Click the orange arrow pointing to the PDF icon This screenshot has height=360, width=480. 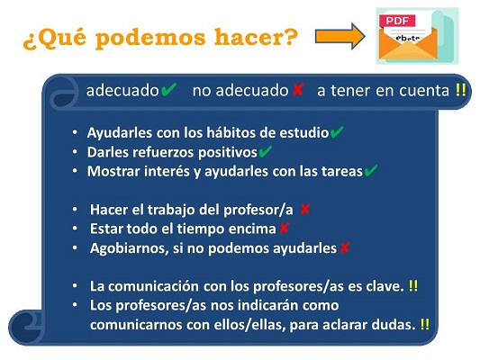[x=340, y=36]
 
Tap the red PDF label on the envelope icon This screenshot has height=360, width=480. [x=397, y=21]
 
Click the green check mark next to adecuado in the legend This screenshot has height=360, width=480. [x=168, y=90]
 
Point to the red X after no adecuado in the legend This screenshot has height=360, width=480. [x=297, y=90]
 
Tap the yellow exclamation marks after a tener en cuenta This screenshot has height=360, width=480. [x=460, y=90]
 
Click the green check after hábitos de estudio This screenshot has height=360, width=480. [x=337, y=132]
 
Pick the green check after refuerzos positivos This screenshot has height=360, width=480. [x=265, y=152]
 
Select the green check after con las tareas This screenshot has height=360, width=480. [x=370, y=171]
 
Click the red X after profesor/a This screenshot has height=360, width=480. [x=305, y=210]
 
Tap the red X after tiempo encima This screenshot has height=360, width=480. [x=284, y=229]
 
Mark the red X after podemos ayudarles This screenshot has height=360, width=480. [x=344, y=247]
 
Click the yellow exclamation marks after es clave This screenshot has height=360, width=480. [x=413, y=286]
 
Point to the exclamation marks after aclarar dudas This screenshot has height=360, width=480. [x=424, y=324]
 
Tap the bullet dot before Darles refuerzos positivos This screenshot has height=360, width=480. [x=75, y=152]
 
